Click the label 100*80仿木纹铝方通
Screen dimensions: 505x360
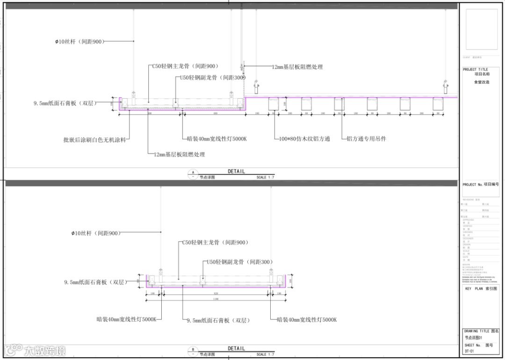(304, 139)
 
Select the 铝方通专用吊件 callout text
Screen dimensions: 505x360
(366, 139)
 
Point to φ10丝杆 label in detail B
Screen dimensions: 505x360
(95, 233)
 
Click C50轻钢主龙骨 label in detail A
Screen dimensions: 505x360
(185, 66)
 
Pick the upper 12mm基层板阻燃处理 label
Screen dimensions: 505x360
(297, 67)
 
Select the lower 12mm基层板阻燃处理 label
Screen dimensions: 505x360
(180, 154)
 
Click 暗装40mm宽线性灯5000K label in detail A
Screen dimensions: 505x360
(216, 139)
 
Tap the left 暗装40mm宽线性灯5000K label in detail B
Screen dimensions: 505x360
(126, 319)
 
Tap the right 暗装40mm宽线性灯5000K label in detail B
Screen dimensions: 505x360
(306, 320)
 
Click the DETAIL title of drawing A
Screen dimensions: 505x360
(236, 172)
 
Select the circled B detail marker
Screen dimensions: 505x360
(193, 350)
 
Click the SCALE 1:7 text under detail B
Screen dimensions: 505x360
(266, 354)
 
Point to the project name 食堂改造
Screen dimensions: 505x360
(482, 82)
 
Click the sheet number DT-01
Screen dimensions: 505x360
(469, 351)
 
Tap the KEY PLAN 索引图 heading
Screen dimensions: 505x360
(481, 289)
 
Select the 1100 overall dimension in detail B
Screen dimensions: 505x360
(216, 299)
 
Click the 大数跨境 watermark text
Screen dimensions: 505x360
(45, 350)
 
